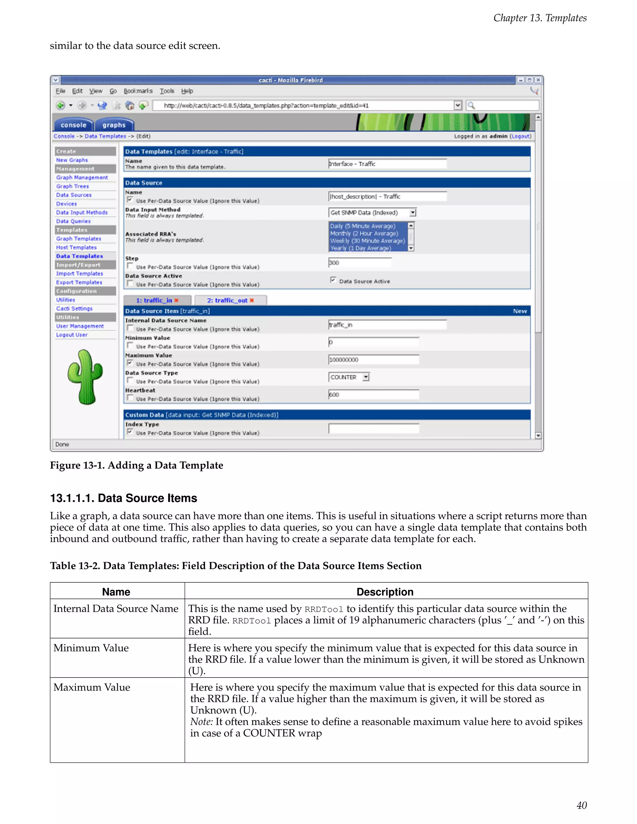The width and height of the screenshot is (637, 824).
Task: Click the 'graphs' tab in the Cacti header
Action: [114, 125]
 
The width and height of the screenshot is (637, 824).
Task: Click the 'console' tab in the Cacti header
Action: [74, 125]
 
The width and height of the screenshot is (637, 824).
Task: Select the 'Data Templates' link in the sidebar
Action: [79, 256]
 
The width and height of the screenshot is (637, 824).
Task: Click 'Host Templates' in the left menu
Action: [76, 248]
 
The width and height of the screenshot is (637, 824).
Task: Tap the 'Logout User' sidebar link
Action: [72, 335]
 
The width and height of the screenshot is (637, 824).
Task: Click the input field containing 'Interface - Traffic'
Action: [387, 164]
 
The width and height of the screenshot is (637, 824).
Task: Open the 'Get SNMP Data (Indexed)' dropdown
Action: [372, 213]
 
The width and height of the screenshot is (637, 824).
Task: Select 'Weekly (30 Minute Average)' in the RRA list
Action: [368, 241]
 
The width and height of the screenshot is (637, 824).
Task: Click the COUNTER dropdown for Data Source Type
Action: [349, 377]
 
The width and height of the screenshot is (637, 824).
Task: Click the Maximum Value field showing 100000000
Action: [373, 360]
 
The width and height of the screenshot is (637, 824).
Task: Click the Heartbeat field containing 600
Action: [373, 395]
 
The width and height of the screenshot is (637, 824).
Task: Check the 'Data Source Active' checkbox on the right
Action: [333, 280]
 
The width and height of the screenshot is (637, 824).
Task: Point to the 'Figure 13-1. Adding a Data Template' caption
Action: [137, 465]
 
